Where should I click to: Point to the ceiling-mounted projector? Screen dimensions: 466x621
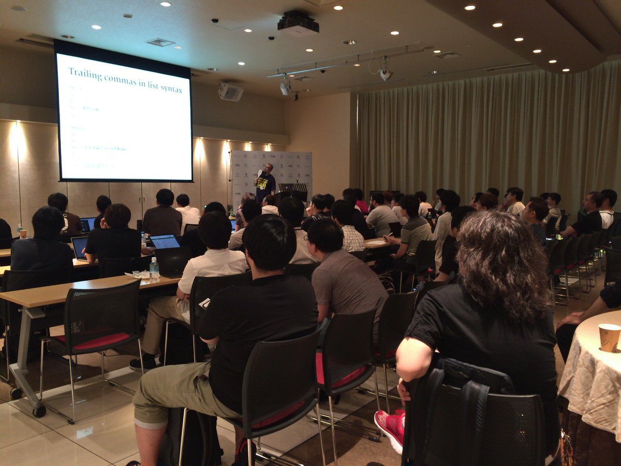point(298,23)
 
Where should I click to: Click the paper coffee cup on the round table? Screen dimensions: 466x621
point(609,337)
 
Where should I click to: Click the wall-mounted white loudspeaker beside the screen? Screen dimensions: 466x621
point(230,92)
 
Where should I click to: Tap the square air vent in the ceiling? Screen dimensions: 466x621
point(160,42)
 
